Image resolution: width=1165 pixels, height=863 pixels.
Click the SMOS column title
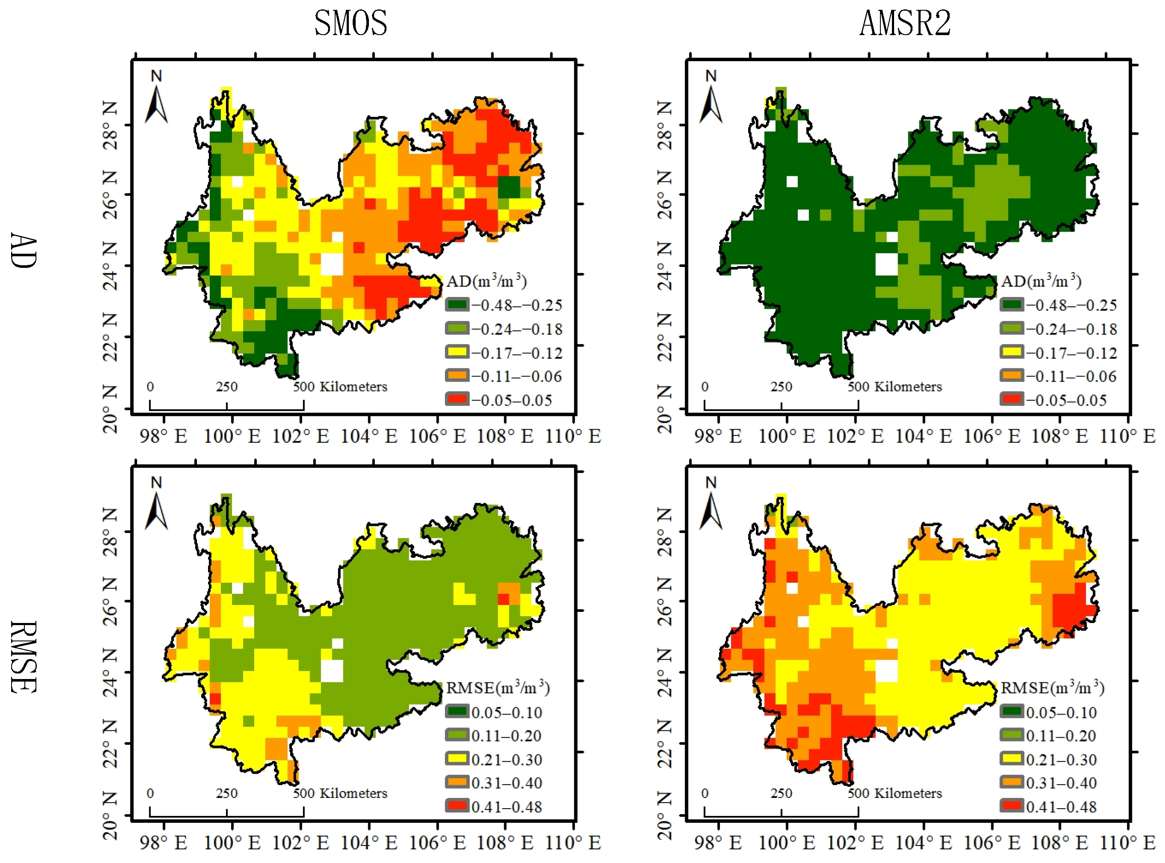tap(351, 24)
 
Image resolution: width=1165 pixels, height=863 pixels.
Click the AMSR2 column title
tap(905, 24)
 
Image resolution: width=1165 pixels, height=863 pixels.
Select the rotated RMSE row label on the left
tap(24, 657)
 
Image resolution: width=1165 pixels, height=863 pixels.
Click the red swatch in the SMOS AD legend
tap(457, 400)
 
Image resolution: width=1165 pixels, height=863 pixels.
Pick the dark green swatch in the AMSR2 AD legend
tap(1011, 305)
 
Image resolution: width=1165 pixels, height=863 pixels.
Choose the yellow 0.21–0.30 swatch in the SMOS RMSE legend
tap(457, 759)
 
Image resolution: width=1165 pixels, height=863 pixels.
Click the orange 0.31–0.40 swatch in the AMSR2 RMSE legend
tap(1011, 782)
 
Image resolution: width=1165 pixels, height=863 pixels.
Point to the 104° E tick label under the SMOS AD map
tap(369, 436)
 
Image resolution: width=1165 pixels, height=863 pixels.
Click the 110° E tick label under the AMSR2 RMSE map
tap(1127, 842)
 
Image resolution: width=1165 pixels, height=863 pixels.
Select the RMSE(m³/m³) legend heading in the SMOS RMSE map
tap(497, 688)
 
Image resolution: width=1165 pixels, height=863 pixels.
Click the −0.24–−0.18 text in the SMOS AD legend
tap(517, 329)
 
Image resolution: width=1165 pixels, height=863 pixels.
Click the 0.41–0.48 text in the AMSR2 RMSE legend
tap(1061, 807)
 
